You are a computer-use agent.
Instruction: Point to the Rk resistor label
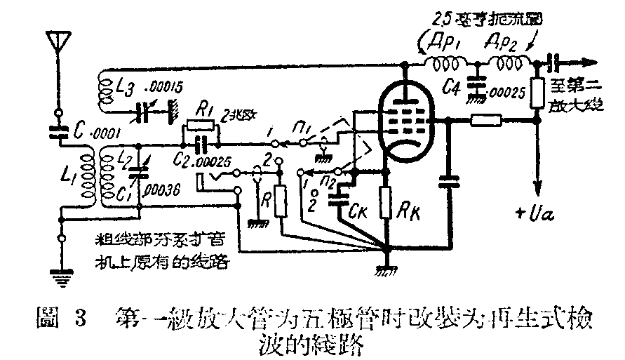(410, 208)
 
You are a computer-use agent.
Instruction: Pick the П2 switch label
(324, 183)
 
